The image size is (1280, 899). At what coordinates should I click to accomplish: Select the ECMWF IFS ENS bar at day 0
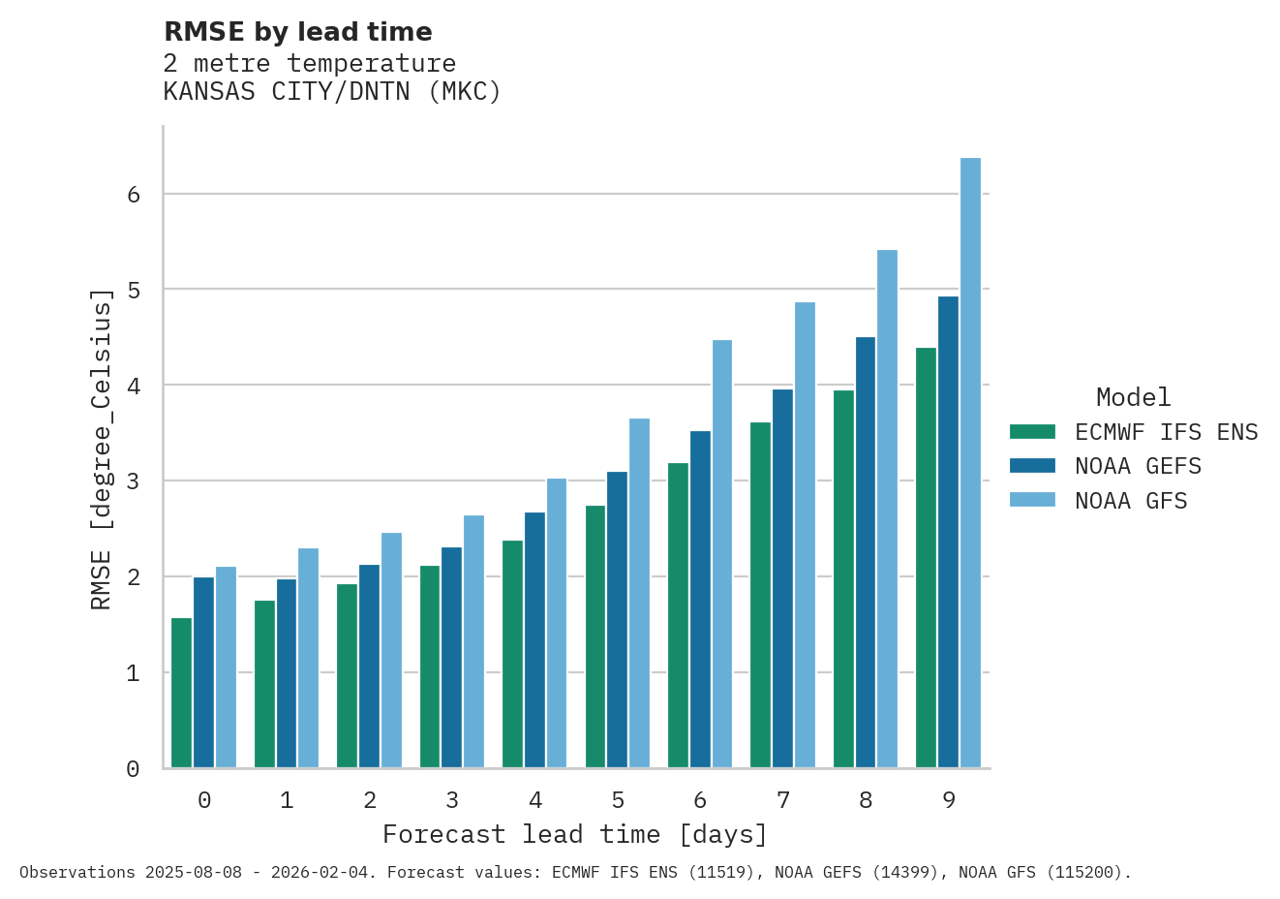click(x=181, y=693)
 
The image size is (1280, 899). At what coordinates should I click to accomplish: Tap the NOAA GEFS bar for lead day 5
click(x=617, y=620)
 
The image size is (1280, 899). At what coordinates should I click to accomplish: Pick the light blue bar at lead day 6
click(x=722, y=554)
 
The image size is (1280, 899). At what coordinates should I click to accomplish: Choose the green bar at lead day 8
click(x=843, y=579)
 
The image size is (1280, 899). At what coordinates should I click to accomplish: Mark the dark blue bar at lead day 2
click(x=369, y=666)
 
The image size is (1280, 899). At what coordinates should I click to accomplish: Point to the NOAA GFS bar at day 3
click(x=473, y=641)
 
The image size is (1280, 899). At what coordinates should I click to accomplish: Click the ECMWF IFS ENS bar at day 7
click(x=760, y=595)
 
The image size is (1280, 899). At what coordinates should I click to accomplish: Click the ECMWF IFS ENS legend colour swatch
click(x=1031, y=431)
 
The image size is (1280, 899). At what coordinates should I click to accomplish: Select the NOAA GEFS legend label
click(x=1138, y=466)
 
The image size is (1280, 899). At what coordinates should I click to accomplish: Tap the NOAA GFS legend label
click(x=1131, y=501)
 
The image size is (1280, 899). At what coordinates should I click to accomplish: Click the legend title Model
click(x=1133, y=397)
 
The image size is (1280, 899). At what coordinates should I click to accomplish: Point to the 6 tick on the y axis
click(x=134, y=195)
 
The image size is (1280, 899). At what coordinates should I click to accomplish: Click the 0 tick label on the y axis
click(x=134, y=769)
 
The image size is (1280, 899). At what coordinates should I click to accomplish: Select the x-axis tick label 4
click(x=535, y=800)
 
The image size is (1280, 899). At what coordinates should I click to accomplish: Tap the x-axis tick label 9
click(x=949, y=800)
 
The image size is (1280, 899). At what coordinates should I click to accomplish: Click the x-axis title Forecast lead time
click(x=575, y=834)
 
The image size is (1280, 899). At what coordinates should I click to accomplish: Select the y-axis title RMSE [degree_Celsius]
click(x=101, y=449)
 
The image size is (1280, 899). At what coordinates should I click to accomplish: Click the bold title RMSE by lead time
click(x=298, y=32)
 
